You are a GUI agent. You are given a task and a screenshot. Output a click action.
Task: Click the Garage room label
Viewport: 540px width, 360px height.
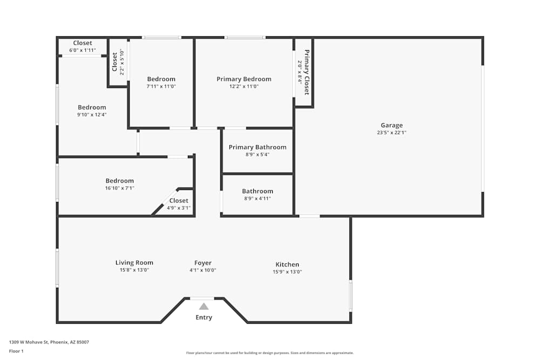pyautogui.click(x=391, y=125)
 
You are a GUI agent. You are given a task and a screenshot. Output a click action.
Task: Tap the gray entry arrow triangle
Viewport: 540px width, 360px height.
pyautogui.click(x=204, y=306)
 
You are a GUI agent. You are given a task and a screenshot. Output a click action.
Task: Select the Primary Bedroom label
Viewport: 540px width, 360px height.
pyautogui.click(x=244, y=79)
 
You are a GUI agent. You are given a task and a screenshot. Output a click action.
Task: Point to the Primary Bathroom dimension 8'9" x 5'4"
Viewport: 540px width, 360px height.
pyautogui.click(x=257, y=154)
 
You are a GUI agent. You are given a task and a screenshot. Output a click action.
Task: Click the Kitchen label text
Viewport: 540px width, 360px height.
pyautogui.click(x=287, y=264)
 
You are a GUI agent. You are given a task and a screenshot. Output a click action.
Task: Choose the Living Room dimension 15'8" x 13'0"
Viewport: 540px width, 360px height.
pyautogui.click(x=134, y=270)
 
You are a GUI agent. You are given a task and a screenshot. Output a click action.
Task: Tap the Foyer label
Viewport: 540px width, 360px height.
pyautogui.click(x=203, y=263)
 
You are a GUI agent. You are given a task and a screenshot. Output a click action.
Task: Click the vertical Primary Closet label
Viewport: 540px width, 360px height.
pyautogui.click(x=307, y=72)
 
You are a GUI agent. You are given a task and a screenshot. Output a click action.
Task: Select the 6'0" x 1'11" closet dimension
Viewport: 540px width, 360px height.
pyautogui.click(x=82, y=50)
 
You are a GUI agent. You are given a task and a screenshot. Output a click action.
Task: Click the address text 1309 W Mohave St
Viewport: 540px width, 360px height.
pyautogui.click(x=49, y=342)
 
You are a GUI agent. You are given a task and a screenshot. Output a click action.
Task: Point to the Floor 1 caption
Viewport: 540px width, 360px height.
pyautogui.click(x=16, y=351)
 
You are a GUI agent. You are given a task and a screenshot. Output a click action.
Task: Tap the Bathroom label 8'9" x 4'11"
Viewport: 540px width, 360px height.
pyautogui.click(x=258, y=191)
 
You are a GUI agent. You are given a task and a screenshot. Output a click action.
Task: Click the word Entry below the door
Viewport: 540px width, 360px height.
pyautogui.click(x=204, y=317)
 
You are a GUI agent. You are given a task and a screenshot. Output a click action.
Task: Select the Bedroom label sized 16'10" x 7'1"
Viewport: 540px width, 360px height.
pyautogui.click(x=119, y=181)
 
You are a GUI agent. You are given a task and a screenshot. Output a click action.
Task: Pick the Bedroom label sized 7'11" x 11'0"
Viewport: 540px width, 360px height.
pyautogui.click(x=161, y=79)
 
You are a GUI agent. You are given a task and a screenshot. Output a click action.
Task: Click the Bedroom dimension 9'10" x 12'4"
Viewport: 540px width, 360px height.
pyautogui.click(x=92, y=114)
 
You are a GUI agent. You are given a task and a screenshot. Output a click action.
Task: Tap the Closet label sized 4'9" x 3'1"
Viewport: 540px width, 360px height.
pyautogui.click(x=179, y=201)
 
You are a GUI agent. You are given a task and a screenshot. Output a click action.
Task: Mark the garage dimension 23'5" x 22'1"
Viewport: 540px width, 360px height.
pyautogui.click(x=391, y=133)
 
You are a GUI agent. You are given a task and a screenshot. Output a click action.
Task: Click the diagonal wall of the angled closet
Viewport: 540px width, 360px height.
pyautogui.click(x=164, y=202)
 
